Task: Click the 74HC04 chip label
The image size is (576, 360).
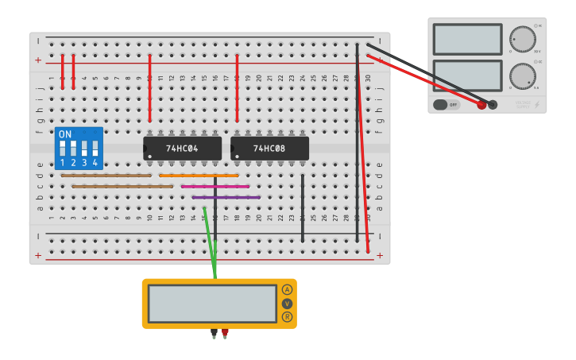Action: pyautogui.click(x=182, y=149)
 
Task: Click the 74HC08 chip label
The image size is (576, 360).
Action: pyautogui.click(x=269, y=149)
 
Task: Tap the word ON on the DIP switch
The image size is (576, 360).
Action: pyautogui.click(x=65, y=134)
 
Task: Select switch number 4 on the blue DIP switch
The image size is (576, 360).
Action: pyautogui.click(x=95, y=149)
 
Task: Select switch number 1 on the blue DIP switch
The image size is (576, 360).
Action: pyautogui.click(x=63, y=149)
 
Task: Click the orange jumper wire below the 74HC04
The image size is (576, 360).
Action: pyautogui.click(x=199, y=176)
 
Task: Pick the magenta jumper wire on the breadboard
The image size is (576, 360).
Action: pyautogui.click(x=215, y=187)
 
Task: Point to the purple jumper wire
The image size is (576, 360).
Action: pyautogui.click(x=226, y=197)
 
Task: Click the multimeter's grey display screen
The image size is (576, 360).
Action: pyautogui.click(x=212, y=304)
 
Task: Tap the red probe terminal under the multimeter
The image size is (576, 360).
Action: pyautogui.click(x=225, y=332)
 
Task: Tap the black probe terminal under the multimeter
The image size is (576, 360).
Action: pyautogui.click(x=214, y=332)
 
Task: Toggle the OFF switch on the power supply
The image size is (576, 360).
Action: pyautogui.click(x=446, y=104)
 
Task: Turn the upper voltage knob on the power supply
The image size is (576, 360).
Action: pyautogui.click(x=523, y=39)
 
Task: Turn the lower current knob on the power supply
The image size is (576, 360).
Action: pyautogui.click(x=522, y=76)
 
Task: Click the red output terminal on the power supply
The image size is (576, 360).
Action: pyautogui.click(x=481, y=105)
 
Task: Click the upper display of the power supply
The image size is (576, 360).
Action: pyautogui.click(x=467, y=39)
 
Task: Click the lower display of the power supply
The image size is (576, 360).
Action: pyautogui.click(x=467, y=75)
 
